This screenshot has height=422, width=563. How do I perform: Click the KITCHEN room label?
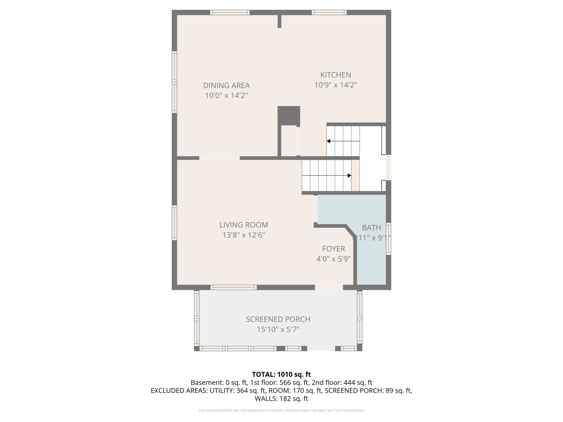click(335, 75)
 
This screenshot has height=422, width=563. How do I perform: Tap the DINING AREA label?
click(226, 86)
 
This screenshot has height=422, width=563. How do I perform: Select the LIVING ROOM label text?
click(244, 225)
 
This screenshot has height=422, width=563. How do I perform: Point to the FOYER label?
click(333, 249)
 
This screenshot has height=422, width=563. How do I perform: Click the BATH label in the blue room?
click(371, 228)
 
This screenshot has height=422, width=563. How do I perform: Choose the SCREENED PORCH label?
click(278, 319)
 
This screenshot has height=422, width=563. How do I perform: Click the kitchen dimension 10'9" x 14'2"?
click(335, 85)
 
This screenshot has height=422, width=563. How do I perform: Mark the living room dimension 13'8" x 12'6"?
click(244, 235)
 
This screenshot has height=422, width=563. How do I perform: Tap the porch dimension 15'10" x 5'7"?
click(278, 329)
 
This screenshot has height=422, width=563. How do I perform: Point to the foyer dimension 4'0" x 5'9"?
click(333, 259)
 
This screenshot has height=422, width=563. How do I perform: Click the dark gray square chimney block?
click(289, 115)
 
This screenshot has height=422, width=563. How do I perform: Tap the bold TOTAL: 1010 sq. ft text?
click(281, 374)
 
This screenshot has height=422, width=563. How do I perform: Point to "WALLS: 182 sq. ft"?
click(281, 399)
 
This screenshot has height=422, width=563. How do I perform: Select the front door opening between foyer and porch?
click(329, 287)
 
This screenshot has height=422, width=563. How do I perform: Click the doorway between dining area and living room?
click(219, 158)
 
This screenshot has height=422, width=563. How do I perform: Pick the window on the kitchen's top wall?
click(329, 13)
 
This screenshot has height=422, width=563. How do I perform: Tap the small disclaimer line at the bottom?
click(281, 411)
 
